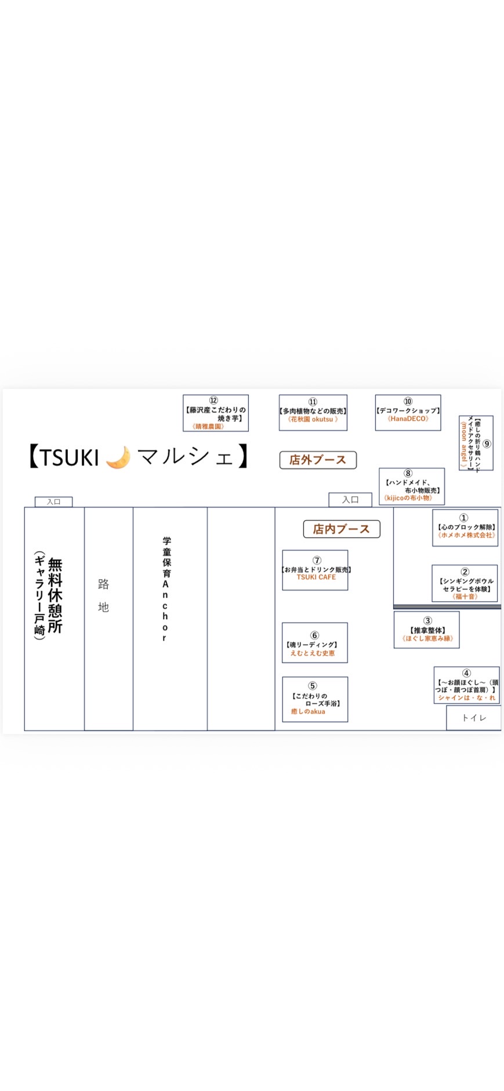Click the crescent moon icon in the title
118,457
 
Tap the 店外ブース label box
318,460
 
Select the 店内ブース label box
341,529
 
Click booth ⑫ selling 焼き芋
216,413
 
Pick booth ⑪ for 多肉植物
313,413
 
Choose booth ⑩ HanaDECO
408,413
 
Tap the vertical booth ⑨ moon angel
476,443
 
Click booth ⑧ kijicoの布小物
411,486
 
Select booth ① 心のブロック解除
465,528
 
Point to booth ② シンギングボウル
465,583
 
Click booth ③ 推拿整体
427,630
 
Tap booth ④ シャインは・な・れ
466,685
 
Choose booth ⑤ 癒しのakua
315,699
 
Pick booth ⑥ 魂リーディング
315,642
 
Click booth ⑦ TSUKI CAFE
315,570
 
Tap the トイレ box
473,718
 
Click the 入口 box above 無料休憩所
54,501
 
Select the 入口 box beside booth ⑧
350,499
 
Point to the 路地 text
104,595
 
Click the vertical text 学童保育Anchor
165,589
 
